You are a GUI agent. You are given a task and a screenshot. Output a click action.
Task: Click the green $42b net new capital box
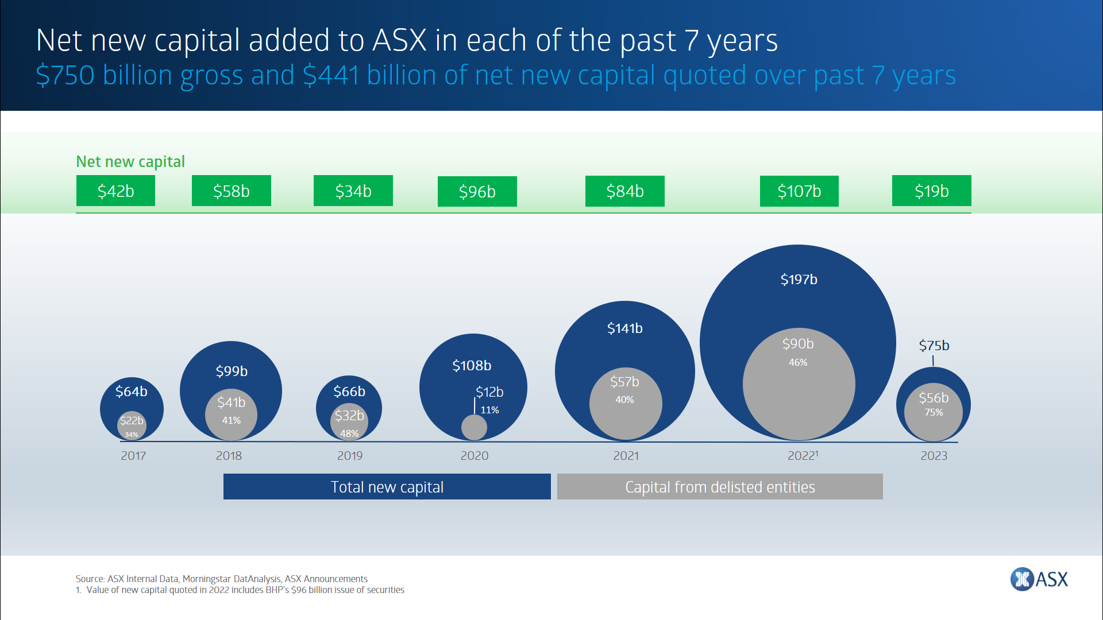[115, 191]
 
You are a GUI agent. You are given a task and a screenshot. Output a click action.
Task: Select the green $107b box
[799, 191]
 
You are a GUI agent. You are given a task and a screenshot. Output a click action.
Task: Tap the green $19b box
[931, 191]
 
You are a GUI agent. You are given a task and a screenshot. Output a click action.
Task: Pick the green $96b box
[477, 192]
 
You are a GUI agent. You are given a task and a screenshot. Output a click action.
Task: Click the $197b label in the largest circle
[799, 280]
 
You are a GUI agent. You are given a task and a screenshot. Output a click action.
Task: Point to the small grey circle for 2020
[474, 427]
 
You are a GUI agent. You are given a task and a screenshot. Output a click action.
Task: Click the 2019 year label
[349, 456]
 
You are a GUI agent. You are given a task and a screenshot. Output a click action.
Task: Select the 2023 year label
[934, 456]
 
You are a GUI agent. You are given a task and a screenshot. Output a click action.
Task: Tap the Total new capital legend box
[387, 487]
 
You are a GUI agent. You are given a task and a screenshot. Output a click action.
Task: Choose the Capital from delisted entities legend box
[719, 487]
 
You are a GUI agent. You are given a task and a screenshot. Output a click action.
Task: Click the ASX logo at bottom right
[1039, 579]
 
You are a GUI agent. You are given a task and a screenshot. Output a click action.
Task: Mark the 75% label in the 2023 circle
[934, 413]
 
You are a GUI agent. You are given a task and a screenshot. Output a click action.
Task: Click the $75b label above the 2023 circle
[934, 346]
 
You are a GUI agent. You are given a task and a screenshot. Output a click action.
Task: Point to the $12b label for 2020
[489, 392]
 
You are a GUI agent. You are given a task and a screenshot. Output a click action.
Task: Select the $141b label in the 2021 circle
[624, 328]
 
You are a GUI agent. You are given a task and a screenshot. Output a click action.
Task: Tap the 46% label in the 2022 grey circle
[798, 363]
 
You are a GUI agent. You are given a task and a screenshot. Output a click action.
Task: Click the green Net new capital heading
[130, 162]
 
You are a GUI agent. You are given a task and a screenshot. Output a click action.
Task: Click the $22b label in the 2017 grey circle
[132, 421]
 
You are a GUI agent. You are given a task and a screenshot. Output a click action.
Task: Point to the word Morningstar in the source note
[207, 579]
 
